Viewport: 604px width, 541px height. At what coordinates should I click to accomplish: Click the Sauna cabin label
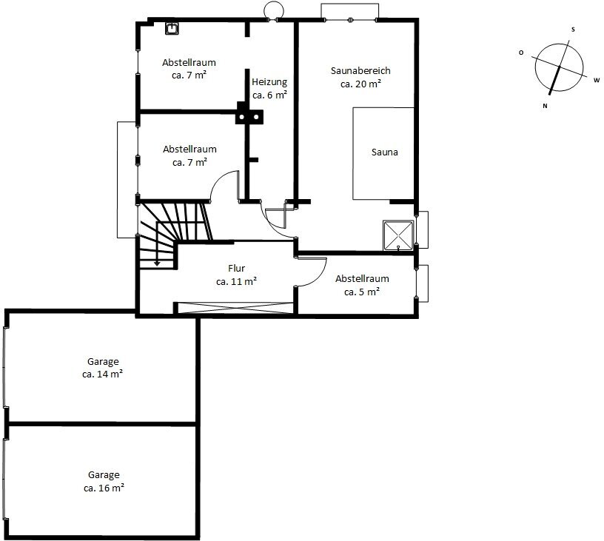click(x=384, y=152)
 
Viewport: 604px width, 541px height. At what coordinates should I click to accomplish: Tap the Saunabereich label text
click(x=360, y=70)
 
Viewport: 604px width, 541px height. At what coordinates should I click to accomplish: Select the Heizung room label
click(x=269, y=82)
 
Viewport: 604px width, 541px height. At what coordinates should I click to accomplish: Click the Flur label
click(x=237, y=268)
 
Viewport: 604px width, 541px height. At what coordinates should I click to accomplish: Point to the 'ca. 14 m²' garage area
click(x=102, y=374)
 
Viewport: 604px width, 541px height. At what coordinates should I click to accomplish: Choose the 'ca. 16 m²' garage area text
click(x=104, y=488)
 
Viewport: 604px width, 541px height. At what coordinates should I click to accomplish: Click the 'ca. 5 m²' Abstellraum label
click(x=362, y=292)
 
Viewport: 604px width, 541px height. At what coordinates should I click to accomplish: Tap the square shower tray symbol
click(x=398, y=235)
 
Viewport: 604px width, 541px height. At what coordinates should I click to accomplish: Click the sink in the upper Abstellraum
click(x=172, y=28)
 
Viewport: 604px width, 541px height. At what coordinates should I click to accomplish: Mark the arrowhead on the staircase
click(x=157, y=263)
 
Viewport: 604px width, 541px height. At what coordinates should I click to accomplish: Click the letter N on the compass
click(x=545, y=106)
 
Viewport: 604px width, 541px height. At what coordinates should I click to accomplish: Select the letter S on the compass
click(x=573, y=30)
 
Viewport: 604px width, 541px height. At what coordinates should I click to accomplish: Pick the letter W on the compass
click(x=597, y=80)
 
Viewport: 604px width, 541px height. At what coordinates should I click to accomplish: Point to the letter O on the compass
click(x=521, y=53)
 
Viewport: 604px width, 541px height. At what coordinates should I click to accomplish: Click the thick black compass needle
click(x=554, y=80)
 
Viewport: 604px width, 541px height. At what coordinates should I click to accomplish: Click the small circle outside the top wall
click(x=274, y=10)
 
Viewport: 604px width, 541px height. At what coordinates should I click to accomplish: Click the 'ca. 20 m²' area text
click(x=361, y=84)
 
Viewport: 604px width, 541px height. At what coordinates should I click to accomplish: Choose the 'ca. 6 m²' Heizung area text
click(x=269, y=95)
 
